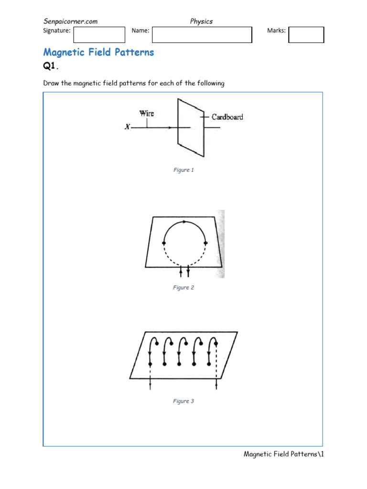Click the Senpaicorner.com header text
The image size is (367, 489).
[70, 21]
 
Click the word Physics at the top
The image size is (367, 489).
[201, 21]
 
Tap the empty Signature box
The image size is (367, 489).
[99, 34]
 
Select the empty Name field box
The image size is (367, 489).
[201, 34]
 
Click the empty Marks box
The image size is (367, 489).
[306, 34]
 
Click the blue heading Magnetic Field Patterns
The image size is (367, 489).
[98, 52]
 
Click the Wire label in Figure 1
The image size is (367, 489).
[147, 114]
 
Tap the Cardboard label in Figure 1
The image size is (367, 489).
[227, 117]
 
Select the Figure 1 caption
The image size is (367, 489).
[183, 170]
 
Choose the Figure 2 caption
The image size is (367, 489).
[183, 287]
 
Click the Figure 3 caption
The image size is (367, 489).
[183, 401]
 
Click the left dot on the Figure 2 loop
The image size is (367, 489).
[164, 243]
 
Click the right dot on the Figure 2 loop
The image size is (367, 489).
[205, 243]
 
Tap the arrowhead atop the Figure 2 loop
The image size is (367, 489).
[184, 222]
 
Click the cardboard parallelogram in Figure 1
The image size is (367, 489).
[191, 138]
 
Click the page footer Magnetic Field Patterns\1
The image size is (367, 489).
[284, 454]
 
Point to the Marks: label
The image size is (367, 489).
[276, 31]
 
